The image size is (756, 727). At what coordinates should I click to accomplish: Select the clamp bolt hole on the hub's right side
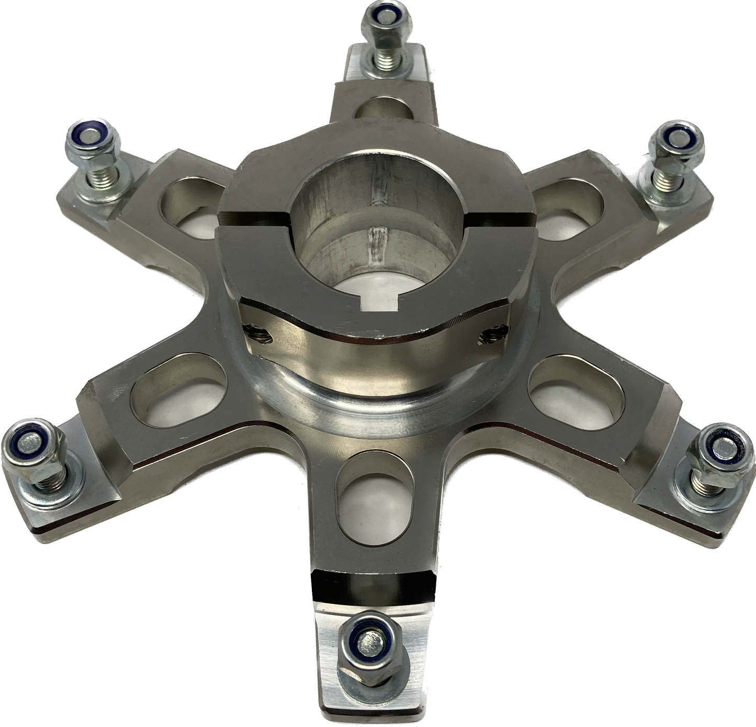pyautogui.click(x=492, y=333)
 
